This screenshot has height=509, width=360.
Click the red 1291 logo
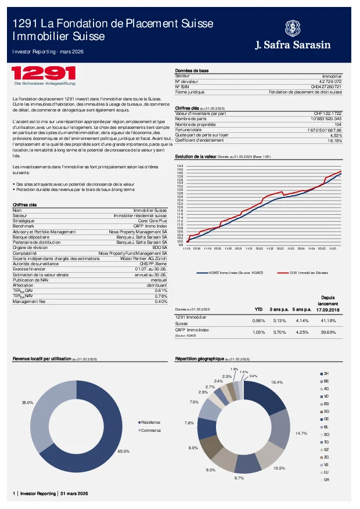(44, 74)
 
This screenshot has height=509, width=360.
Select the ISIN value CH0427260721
(326, 86)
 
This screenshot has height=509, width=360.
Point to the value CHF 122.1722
(328, 113)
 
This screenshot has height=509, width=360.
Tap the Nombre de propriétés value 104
(339, 124)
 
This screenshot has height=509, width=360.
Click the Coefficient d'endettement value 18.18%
(335, 140)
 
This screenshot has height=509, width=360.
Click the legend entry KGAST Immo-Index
(232, 272)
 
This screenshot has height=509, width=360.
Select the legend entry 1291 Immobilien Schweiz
(309, 272)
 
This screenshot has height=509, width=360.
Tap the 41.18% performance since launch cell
(329, 320)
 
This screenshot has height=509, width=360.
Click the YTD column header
(259, 309)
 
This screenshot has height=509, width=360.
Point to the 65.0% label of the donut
(123, 451)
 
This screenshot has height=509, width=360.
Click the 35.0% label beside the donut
(27, 402)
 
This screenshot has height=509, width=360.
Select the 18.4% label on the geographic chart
(277, 382)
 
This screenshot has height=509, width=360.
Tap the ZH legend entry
(326, 373)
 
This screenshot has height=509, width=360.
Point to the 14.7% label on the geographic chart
(301, 434)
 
